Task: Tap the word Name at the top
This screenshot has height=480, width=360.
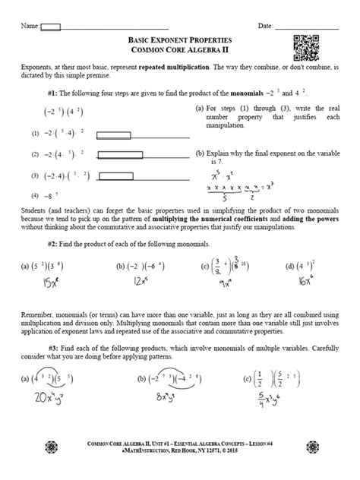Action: pos(30,27)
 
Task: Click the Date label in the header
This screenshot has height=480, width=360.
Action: pos(266,27)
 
